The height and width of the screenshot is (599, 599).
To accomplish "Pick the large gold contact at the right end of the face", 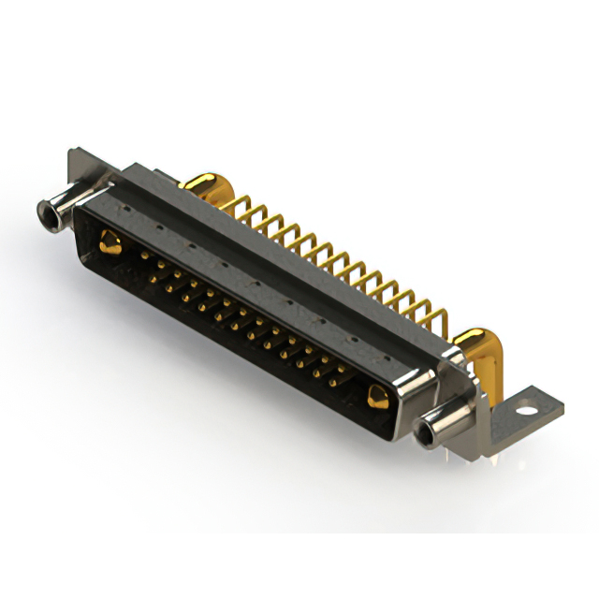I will click(x=377, y=397).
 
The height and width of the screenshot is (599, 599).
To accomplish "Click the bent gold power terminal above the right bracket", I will click(x=475, y=347).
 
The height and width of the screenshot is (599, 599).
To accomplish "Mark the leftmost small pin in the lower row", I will click(x=154, y=273).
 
